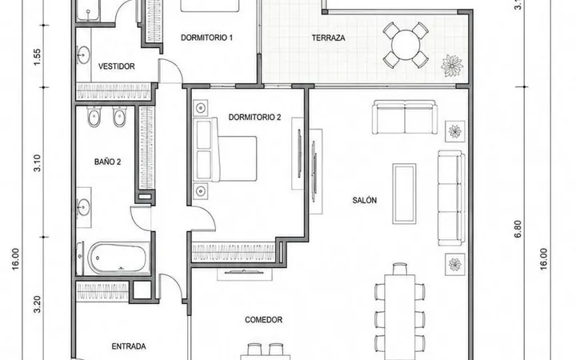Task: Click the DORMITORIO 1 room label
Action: [206, 38]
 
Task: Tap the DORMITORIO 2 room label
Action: [254, 117]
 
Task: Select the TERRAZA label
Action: [329, 38]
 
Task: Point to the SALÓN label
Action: [365, 200]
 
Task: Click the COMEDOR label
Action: [264, 320]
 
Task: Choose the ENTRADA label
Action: [129, 346]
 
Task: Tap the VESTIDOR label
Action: [117, 66]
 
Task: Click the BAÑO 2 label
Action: [108, 162]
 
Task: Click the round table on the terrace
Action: [406, 45]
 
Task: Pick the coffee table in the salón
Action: [404, 194]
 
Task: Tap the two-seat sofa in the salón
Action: [405, 117]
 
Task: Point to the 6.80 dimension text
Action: [518, 230]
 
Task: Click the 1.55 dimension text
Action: [37, 58]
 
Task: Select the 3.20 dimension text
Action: [37, 305]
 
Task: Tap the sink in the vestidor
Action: [83, 55]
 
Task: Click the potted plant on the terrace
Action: [451, 66]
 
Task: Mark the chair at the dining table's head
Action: [400, 269]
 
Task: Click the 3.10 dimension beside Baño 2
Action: [37, 162]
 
